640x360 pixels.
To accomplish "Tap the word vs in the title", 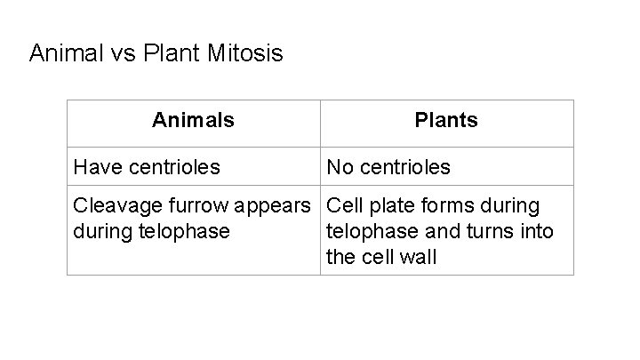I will pos(119,54).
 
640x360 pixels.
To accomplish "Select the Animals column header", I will pos(193,120).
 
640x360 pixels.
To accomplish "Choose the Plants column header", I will pos(446,120).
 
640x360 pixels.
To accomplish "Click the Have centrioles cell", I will pos(147,167).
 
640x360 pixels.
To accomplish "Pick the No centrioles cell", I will pos(388,167).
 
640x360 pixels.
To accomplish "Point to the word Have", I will pos(97,167).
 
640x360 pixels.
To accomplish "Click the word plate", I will pos(385,206).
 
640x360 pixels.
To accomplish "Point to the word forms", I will pos(446,206).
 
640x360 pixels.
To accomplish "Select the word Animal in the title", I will pos(62,54).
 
